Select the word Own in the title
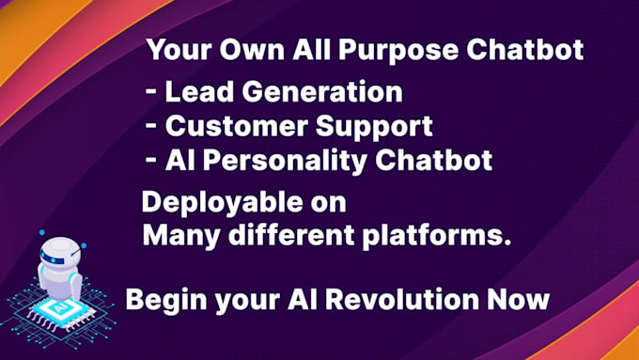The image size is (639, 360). pyautogui.click(x=256, y=50)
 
